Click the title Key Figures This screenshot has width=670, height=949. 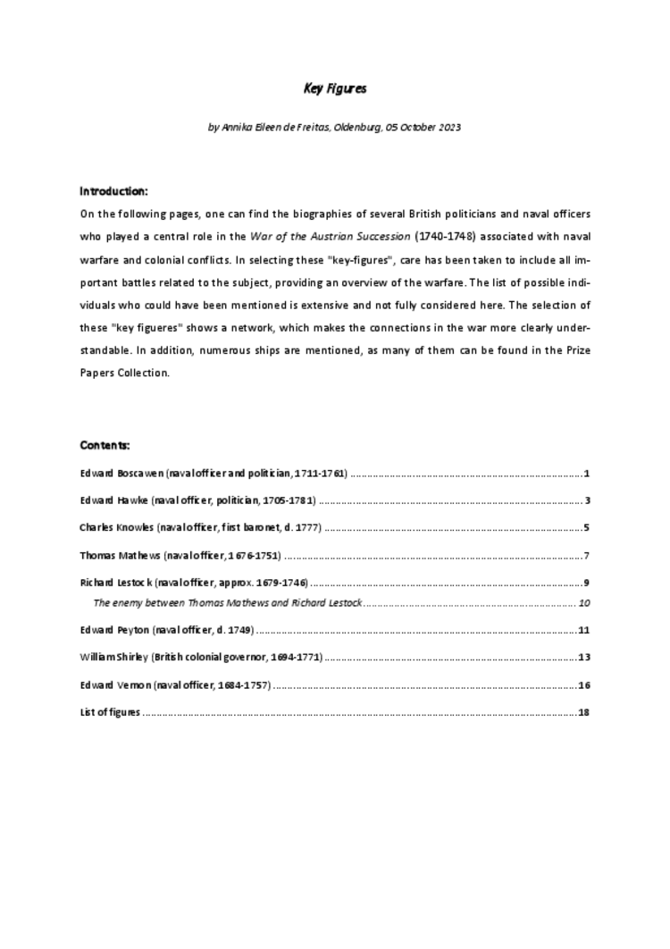coord(335,88)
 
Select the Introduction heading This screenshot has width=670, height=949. coord(113,191)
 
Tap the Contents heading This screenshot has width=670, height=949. coord(105,445)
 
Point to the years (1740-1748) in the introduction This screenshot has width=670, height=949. coord(441,235)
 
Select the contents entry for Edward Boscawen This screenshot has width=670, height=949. coord(214,473)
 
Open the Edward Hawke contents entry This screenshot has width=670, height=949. coord(198,500)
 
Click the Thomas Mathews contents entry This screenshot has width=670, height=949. coord(180,556)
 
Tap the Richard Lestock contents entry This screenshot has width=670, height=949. coord(194,584)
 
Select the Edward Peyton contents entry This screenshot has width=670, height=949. coord(167,630)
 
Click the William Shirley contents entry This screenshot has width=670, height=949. coord(201,658)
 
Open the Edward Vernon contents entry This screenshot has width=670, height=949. coord(175,685)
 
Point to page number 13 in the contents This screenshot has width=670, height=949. coord(584,658)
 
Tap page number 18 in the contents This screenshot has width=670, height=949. coord(584,713)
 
